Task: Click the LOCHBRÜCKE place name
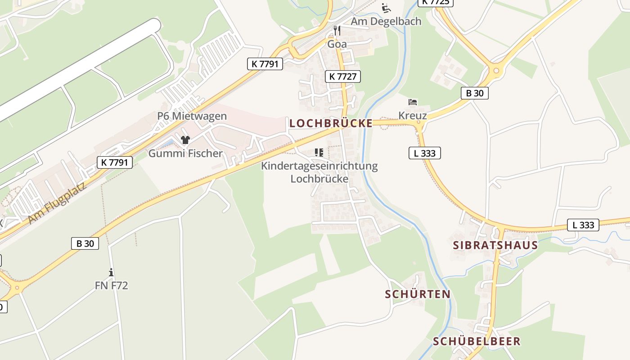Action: [331, 123]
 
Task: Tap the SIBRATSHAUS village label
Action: [495, 245]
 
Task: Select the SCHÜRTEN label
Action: [418, 294]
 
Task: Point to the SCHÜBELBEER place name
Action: [477, 341]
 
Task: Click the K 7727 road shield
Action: [343, 76]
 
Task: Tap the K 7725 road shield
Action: [435, 2]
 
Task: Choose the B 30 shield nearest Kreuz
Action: [474, 93]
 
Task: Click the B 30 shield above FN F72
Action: [85, 243]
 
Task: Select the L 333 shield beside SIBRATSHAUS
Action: [583, 225]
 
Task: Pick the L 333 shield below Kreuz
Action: [424, 153]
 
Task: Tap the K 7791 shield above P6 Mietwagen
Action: [265, 64]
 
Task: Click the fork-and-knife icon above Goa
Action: [337, 31]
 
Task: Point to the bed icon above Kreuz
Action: [413, 102]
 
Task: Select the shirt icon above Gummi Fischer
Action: [185, 140]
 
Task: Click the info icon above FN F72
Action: [111, 272]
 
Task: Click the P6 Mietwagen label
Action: [192, 116]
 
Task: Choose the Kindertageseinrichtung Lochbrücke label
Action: [319, 172]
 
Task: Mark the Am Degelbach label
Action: [386, 21]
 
